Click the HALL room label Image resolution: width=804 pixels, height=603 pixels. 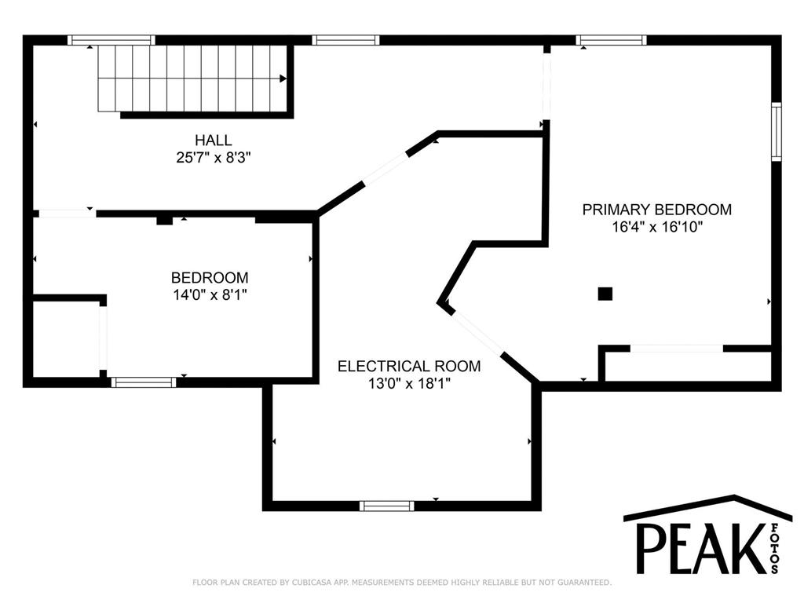coord(214,140)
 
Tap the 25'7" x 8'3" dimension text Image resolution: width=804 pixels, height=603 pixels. coord(214,157)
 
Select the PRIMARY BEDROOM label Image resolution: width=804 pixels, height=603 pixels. coord(657,209)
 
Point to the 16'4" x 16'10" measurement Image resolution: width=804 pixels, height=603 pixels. coord(657,227)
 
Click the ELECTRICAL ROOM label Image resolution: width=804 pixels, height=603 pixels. coord(409,366)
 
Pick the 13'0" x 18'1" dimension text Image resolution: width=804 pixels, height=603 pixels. coord(409,383)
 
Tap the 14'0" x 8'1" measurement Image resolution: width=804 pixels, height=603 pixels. coord(210,295)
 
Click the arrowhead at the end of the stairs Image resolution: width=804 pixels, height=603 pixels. coord(283,79)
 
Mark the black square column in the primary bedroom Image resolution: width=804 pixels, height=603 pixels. coord(605,294)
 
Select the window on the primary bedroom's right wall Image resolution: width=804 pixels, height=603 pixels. coord(777,132)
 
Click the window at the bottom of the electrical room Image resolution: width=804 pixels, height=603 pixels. coord(386,506)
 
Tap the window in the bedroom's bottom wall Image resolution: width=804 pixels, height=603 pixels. coord(144,382)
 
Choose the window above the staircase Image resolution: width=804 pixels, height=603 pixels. coord(111,40)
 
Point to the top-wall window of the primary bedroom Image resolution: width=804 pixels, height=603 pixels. coord(611,40)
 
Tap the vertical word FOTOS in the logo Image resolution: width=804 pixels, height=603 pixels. coord(774,548)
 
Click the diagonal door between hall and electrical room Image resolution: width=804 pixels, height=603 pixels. coord(385,168)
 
